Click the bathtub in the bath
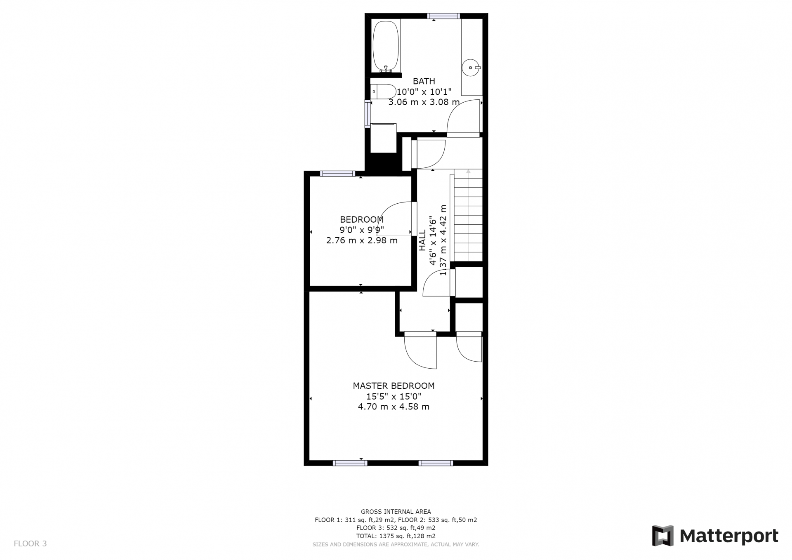pyautogui.click(x=386, y=47)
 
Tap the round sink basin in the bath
pyautogui.click(x=471, y=68)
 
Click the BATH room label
pyautogui.click(x=424, y=81)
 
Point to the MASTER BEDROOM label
pyautogui.click(x=394, y=386)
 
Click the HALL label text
pyautogui.click(x=422, y=240)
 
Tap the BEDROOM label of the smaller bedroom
pyautogui.click(x=362, y=219)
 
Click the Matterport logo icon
pyautogui.click(x=662, y=536)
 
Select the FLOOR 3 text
pyautogui.click(x=31, y=544)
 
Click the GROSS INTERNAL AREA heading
pyautogui.click(x=396, y=512)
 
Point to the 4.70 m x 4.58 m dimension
pyautogui.click(x=394, y=407)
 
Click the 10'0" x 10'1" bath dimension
pyautogui.click(x=424, y=92)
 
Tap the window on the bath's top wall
pyautogui.click(x=443, y=16)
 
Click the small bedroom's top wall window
pyautogui.click(x=337, y=174)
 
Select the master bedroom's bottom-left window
pyautogui.click(x=350, y=463)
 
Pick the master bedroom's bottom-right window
pyautogui.click(x=436, y=463)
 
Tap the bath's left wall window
pyautogui.click(x=368, y=113)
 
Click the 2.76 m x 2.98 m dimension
pyautogui.click(x=362, y=240)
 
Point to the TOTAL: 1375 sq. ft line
pyautogui.click(x=396, y=536)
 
